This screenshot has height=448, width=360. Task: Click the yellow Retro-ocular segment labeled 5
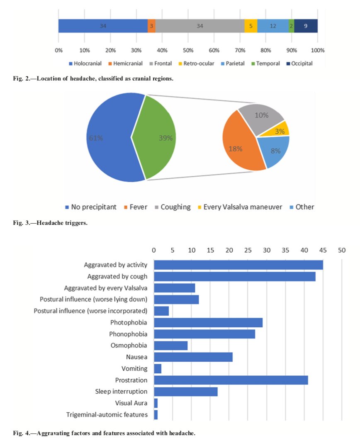point(251,26)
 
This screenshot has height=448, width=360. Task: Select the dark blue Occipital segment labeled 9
point(306,26)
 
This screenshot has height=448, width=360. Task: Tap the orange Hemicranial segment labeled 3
point(151,26)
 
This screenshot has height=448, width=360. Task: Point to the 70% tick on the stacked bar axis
point(240,50)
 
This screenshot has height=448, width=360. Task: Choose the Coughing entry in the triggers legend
point(172,207)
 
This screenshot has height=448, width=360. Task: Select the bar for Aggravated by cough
point(234,276)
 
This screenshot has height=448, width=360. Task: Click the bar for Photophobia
point(208,322)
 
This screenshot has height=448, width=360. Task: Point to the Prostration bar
point(231,380)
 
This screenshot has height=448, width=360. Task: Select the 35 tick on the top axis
point(285,251)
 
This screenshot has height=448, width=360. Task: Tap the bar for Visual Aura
point(156,403)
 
